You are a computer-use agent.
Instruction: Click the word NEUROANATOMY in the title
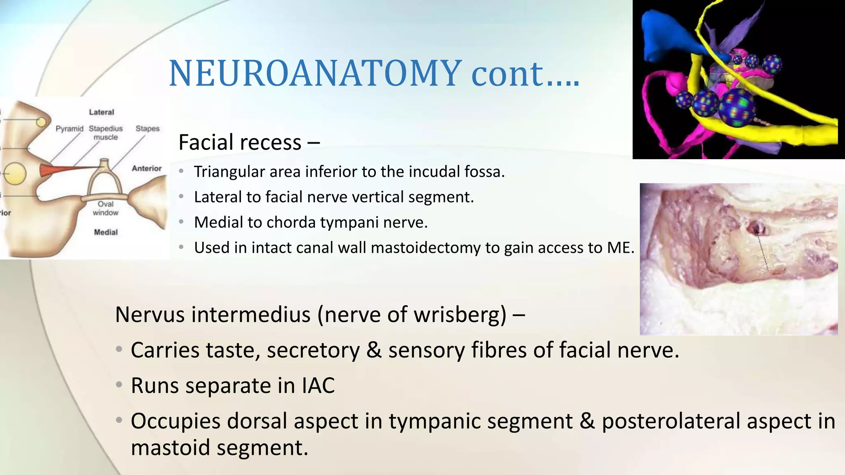[315, 73]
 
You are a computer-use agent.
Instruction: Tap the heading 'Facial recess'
[240, 142]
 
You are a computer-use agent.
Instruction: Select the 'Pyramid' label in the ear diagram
[69, 129]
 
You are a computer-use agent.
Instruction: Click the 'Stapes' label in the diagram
[147, 129]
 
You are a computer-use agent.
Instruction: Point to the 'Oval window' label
[106, 208]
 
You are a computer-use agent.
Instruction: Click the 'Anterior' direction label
[146, 168]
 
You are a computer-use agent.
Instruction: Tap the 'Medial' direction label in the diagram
[106, 232]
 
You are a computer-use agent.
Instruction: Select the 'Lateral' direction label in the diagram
[101, 112]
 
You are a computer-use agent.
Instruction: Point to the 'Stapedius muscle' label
[106, 133]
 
